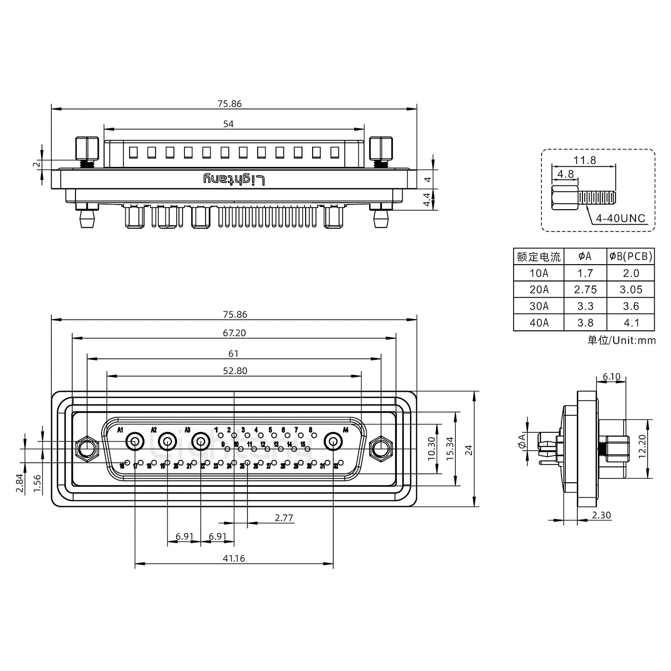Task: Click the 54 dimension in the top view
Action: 228,124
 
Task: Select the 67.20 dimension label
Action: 234,333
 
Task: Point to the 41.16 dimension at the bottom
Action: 233,558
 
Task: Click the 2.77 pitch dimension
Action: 284,518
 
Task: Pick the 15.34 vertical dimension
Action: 450,449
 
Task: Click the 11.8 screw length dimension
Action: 584,160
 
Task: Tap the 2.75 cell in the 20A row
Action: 585,289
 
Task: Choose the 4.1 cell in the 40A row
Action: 631,322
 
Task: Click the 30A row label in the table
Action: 539,306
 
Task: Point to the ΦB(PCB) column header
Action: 631,256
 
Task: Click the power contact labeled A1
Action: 135,440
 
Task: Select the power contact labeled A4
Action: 333,441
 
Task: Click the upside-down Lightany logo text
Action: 234,179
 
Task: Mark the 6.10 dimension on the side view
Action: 611,377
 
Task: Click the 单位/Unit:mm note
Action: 621,340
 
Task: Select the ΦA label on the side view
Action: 522,440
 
